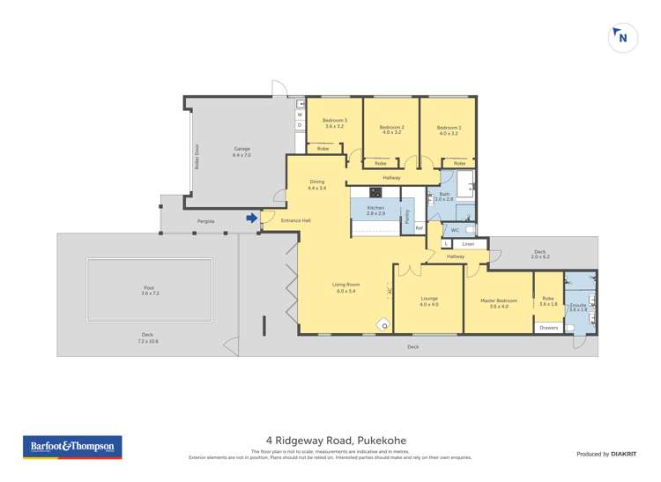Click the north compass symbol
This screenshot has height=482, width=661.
(x=623, y=39)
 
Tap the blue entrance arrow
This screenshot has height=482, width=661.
(x=252, y=218)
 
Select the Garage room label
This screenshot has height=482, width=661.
(x=241, y=152)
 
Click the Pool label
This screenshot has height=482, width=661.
(x=148, y=290)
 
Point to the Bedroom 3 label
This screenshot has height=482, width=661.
(x=334, y=123)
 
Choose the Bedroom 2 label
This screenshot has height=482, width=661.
(x=391, y=130)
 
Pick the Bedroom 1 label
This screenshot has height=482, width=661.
(x=448, y=130)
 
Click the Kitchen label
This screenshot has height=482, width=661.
(x=375, y=210)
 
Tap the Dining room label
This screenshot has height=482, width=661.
(x=316, y=184)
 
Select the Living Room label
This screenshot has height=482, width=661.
(x=345, y=287)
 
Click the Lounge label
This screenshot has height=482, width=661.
(x=428, y=300)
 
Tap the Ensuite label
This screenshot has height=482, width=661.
(x=578, y=307)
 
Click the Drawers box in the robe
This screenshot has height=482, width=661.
(x=547, y=328)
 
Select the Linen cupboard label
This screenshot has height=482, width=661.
(x=468, y=243)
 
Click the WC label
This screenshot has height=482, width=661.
(x=455, y=230)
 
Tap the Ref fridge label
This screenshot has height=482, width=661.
(x=420, y=228)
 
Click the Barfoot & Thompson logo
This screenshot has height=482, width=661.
(x=71, y=447)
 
